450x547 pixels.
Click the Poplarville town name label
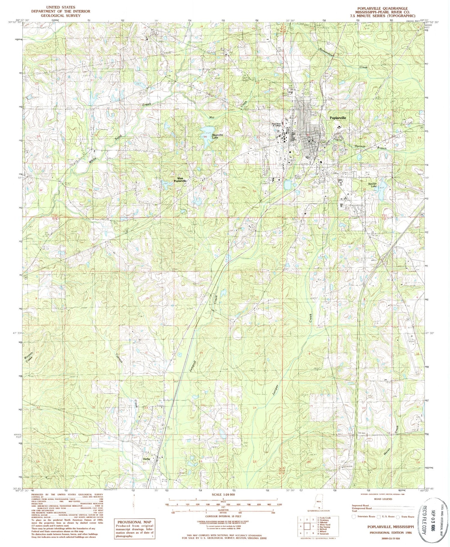[x=338, y=118]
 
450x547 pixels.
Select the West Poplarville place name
[x=180, y=180]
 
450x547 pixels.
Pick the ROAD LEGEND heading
[x=383, y=499]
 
